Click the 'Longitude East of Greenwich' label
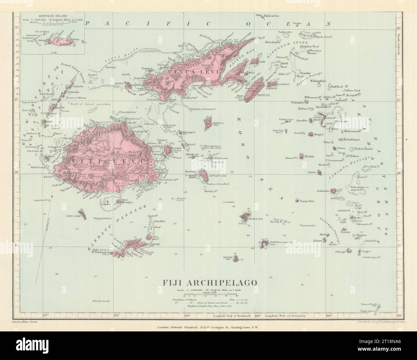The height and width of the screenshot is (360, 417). pyautogui.click(x=233, y=316)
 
